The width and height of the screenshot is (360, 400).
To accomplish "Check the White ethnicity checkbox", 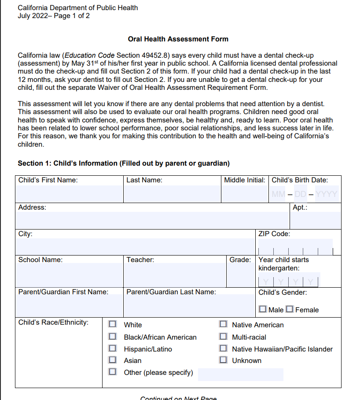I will click(113, 324).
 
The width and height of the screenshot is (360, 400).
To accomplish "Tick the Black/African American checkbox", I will click(113, 337).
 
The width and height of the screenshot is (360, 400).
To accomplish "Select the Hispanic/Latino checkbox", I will click(113, 348).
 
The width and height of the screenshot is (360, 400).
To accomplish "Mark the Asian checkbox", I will click(113, 360).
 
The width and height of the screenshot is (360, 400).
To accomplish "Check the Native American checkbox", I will click(224, 324).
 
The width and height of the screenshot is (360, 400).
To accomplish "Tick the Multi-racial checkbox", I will click(224, 337).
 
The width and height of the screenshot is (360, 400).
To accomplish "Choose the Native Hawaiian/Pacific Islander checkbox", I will click(224, 348).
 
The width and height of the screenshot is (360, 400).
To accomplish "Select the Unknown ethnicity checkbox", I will click(224, 360).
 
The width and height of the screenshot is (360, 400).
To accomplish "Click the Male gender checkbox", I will click(263, 309).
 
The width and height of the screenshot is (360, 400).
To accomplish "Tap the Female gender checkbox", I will click(289, 309).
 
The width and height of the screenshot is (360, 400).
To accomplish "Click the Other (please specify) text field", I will click(240, 374).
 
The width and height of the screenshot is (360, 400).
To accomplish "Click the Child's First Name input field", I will click(69, 194).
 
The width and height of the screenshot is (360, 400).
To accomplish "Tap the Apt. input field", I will click(316, 220).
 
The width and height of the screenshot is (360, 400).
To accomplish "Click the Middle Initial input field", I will click(244, 194).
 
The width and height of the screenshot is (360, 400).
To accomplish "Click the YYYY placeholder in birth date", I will click(327, 194).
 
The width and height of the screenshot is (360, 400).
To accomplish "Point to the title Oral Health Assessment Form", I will click(178, 39).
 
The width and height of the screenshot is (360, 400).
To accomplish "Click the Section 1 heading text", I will click(124, 163).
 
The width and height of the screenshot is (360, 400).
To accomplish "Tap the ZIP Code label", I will click(274, 234).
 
